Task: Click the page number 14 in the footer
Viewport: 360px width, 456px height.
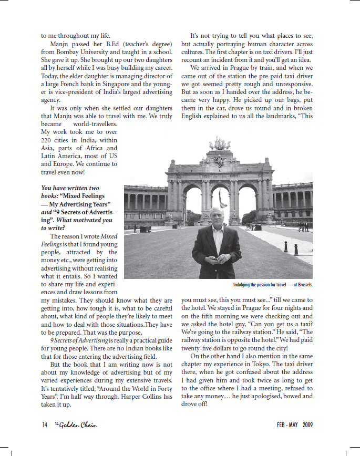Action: coord(44,425)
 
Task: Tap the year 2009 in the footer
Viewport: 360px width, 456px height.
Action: coord(307,425)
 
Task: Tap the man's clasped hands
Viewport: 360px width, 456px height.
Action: coord(215,258)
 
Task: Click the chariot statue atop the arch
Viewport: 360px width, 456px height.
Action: coord(219,143)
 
